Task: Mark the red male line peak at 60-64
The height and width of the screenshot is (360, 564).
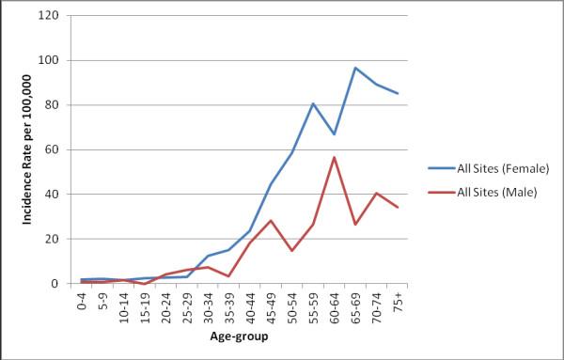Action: click(x=334, y=157)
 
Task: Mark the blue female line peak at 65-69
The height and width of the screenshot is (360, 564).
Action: click(x=356, y=68)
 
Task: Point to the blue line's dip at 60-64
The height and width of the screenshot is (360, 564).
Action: click(x=334, y=134)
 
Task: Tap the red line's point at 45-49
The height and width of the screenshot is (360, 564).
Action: click(x=271, y=220)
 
